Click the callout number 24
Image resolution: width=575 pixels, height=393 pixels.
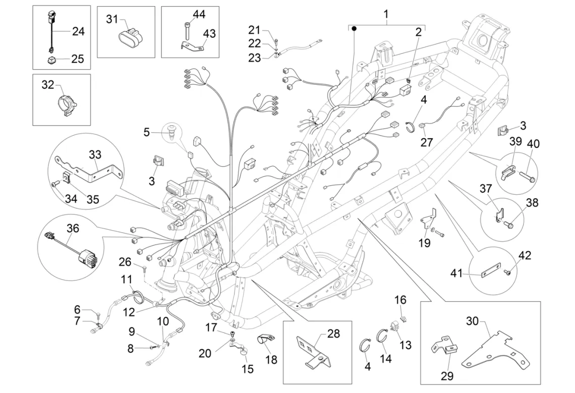(x=78, y=31)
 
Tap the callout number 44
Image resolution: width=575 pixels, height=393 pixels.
(x=199, y=15)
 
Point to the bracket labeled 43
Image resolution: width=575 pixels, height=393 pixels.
(x=191, y=47)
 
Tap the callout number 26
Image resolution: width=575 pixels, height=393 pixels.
(x=125, y=261)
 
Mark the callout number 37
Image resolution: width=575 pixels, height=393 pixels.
(x=485, y=189)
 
